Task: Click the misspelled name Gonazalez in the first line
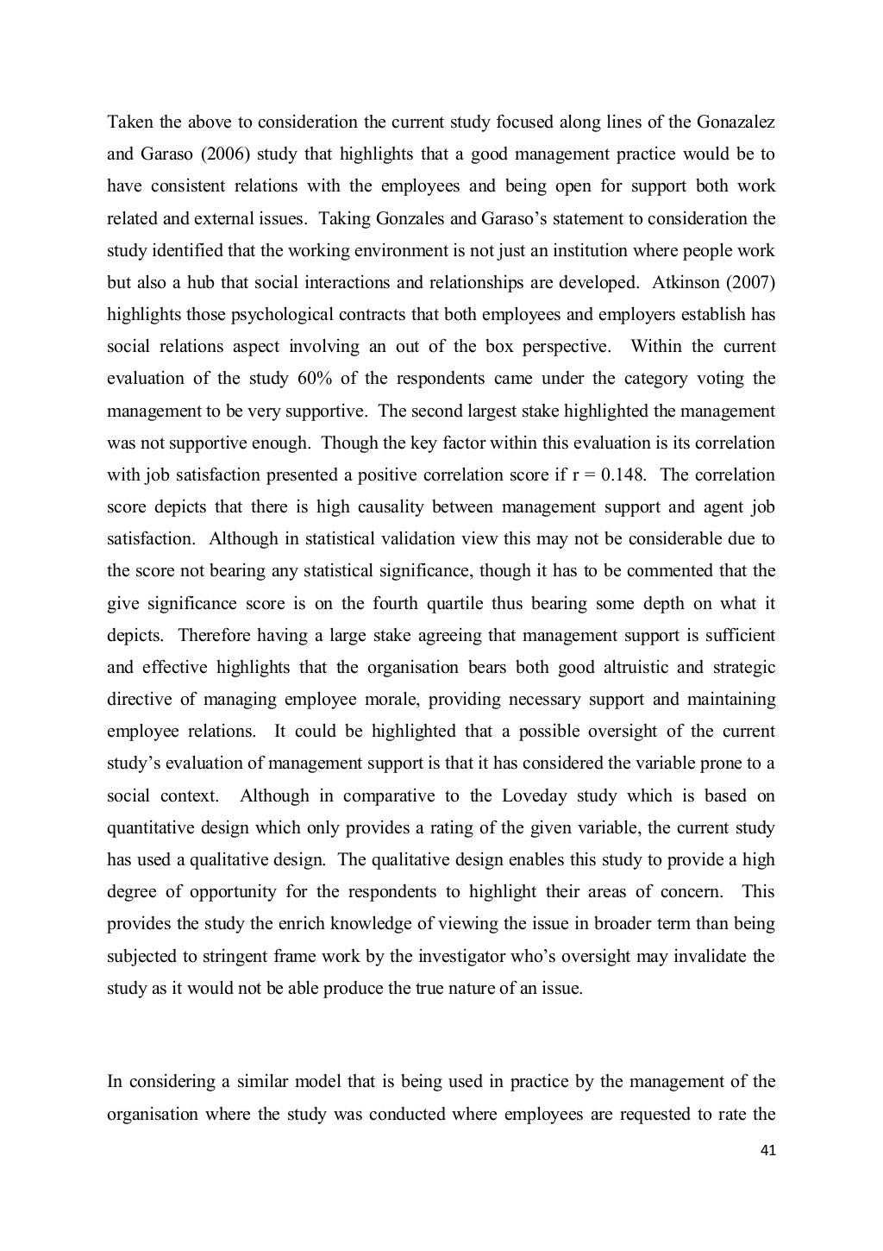pyautogui.click(x=735, y=122)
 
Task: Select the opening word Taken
pyautogui.click(x=128, y=122)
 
